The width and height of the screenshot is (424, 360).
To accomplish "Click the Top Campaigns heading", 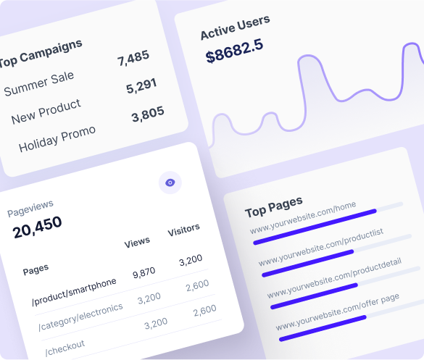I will pyautogui.click(x=41, y=52).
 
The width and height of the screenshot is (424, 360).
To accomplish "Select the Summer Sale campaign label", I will pyautogui.click(x=39, y=83).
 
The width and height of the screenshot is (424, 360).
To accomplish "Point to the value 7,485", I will pyautogui.click(x=133, y=57).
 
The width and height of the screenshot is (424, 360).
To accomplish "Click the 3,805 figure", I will pyautogui.click(x=147, y=114).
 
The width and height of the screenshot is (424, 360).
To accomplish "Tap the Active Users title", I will pyautogui.click(x=235, y=28).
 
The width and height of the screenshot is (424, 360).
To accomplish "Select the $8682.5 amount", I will pyautogui.click(x=234, y=52).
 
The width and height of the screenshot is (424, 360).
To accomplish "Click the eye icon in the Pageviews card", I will pyautogui.click(x=170, y=183).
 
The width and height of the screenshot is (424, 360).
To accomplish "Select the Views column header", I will pyautogui.click(x=137, y=242).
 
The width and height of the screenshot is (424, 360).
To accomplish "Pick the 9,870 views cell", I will pyautogui.click(x=145, y=272).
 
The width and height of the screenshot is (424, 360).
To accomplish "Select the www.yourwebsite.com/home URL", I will pyautogui.click(x=303, y=219).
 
